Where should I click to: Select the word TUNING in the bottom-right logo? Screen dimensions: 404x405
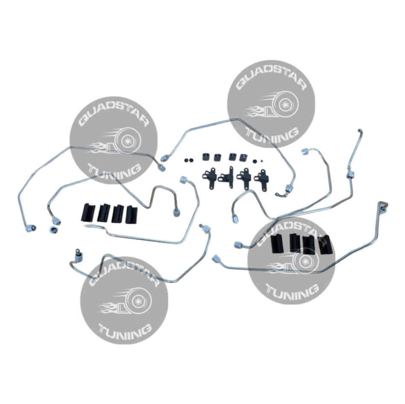[x=293, y=291]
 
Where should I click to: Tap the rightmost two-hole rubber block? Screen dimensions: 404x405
[x=243, y=157]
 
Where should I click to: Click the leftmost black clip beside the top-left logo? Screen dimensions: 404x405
[x=87, y=212]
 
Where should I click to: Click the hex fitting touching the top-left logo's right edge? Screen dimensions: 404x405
[x=161, y=166]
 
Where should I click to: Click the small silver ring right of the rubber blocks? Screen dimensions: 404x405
[x=255, y=161]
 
